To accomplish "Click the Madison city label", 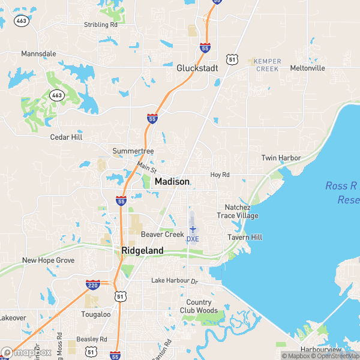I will point(172,182).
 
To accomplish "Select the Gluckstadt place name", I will point(197,68).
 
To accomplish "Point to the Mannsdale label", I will point(38,53).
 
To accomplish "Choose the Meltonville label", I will point(307,68).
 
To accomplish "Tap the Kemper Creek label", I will point(267,65).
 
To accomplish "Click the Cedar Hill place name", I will point(65,137).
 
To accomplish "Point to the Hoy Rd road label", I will point(220,175).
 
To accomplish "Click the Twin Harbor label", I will point(281,158).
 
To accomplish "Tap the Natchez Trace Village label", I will point(238,211).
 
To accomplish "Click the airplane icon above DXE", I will point(193,229).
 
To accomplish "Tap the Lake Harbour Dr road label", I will point(174,281).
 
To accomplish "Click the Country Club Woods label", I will point(199,306).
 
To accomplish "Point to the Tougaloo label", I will point(96,314).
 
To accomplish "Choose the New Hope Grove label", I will point(48,260).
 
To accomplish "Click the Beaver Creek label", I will point(162,234).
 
